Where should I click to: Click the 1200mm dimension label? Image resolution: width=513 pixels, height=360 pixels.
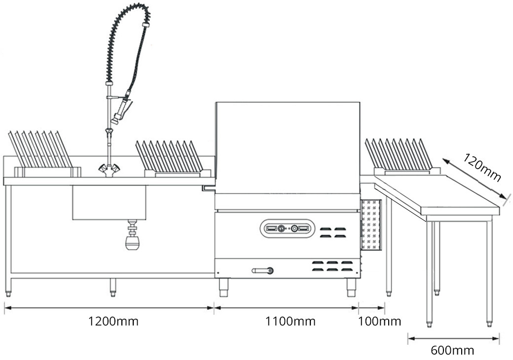(x=113, y=322)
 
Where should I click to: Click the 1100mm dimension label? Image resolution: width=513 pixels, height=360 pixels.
(x=290, y=322)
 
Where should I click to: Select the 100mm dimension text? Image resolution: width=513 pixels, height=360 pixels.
(x=379, y=322)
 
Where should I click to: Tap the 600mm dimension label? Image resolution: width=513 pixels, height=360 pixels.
(x=452, y=351)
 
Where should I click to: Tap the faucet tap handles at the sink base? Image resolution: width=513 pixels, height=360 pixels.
(x=109, y=170)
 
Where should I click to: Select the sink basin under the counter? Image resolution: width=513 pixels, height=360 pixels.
(x=109, y=202)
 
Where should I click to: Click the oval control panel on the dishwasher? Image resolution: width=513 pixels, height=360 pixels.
(x=287, y=228)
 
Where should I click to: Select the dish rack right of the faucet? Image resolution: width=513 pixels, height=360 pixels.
(x=169, y=157)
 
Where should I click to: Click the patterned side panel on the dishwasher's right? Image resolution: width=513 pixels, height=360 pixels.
(x=371, y=224)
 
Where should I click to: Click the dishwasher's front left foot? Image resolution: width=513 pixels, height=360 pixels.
(x=223, y=288)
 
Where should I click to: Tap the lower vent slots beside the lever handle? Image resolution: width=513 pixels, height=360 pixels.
(x=332, y=266)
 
